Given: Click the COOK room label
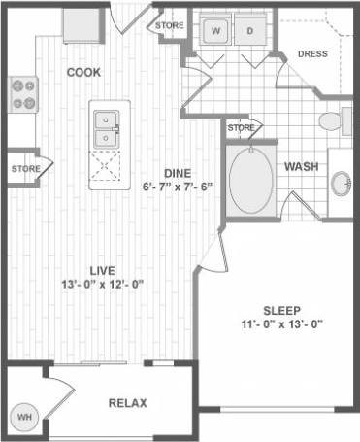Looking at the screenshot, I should [x=84, y=73].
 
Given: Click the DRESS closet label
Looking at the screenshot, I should [x=311, y=54].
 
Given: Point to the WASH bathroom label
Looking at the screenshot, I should [x=301, y=167].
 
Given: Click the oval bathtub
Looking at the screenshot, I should [x=251, y=181].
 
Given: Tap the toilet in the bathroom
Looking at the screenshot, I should [x=333, y=120].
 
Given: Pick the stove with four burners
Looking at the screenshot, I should [x=23, y=94].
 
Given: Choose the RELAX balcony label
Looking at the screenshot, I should [x=127, y=403].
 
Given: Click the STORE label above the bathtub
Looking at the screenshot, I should [x=241, y=127].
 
